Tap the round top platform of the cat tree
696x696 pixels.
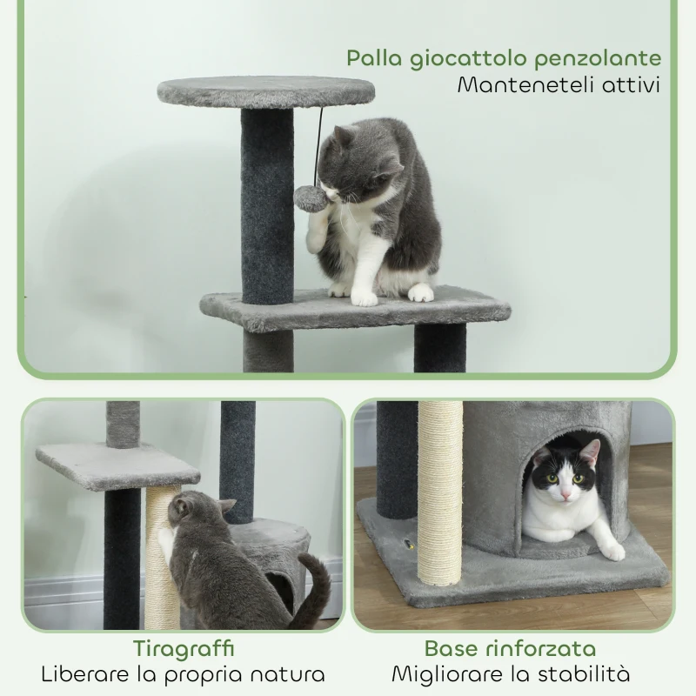(266, 90)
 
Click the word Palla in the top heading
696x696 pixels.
(376, 59)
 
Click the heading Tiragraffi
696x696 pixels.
(184, 648)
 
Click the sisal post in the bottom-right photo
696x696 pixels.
(442, 496)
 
